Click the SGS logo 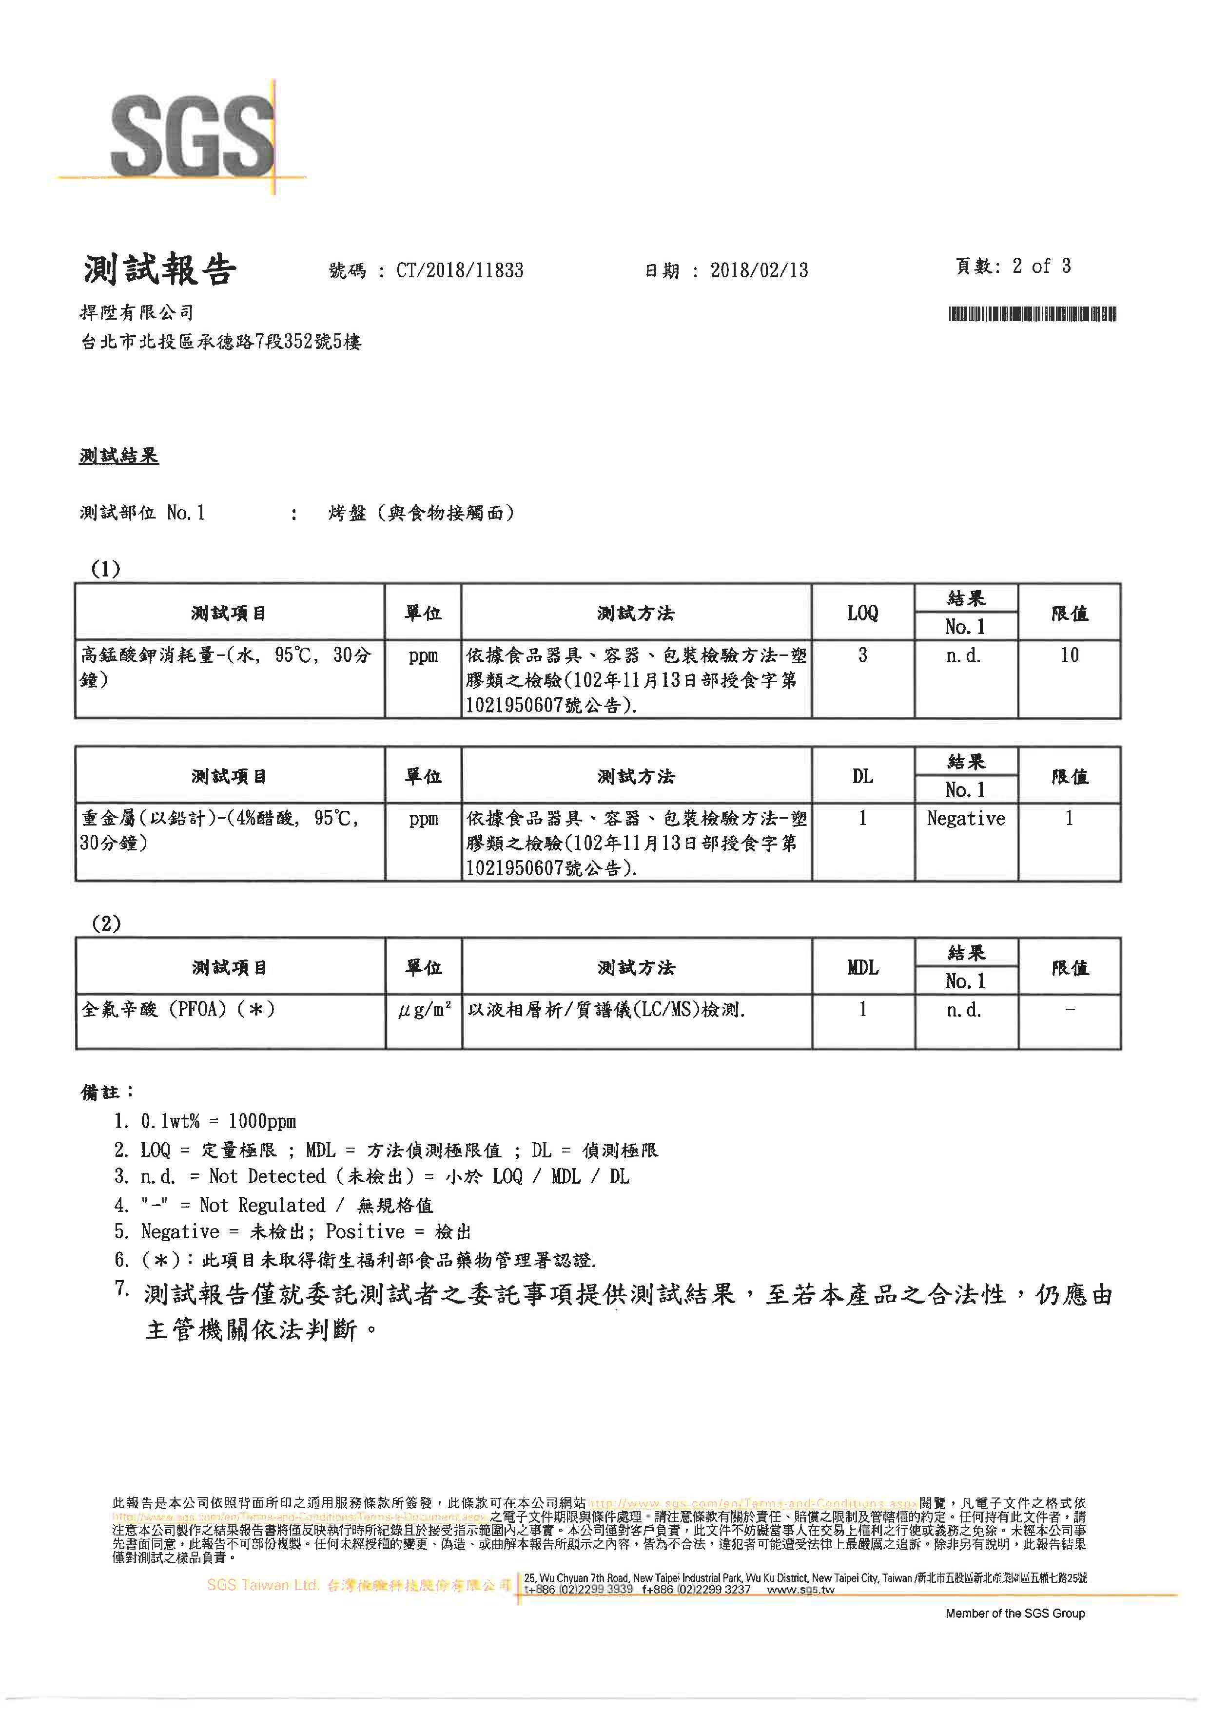pyautogui.click(x=192, y=136)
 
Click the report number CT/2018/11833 pyautogui.click(x=459, y=270)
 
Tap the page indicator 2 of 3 pyautogui.click(x=1041, y=266)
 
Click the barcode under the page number pyautogui.click(x=1032, y=314)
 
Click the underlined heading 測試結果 pyautogui.click(x=119, y=456)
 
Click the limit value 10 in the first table pyautogui.click(x=1069, y=655)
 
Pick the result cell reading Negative pyautogui.click(x=966, y=819)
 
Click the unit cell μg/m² pyautogui.click(x=424, y=1010)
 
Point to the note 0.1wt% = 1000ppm pyautogui.click(x=217, y=1121)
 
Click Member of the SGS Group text pyautogui.click(x=1014, y=1613)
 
